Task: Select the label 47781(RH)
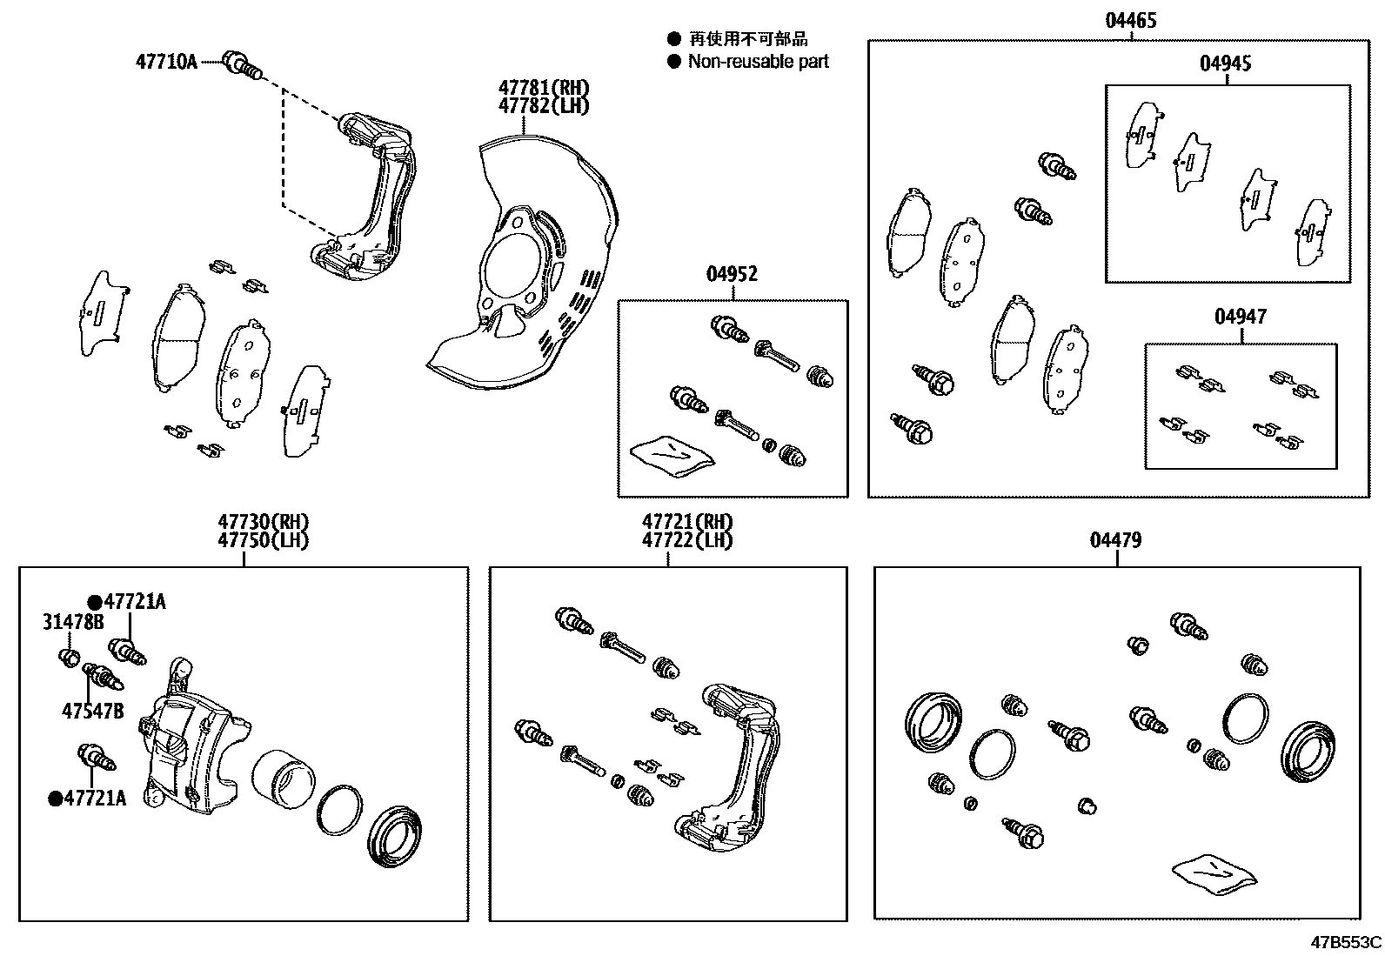point(544,88)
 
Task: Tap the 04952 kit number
point(732,274)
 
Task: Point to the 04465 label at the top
point(1131,20)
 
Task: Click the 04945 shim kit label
point(1226,64)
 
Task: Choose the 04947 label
point(1241,317)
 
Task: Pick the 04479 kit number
point(1116,540)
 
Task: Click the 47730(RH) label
point(264,522)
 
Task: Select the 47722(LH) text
point(687,540)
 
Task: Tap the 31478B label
point(73,622)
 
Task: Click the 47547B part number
point(92,711)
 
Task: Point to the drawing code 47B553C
point(1347,942)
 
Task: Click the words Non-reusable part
point(758,62)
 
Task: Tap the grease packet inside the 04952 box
point(672,454)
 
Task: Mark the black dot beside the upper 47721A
point(94,602)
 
